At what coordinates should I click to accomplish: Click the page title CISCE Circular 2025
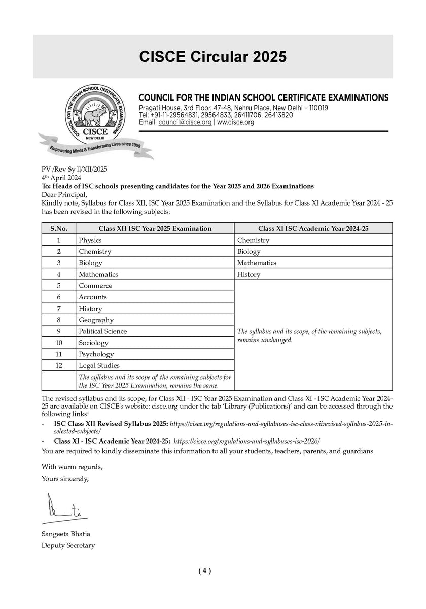click(x=213, y=57)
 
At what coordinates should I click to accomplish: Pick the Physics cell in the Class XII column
click(x=90, y=240)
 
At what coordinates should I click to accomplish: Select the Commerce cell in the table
click(x=95, y=286)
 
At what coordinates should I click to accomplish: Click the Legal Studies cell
click(x=99, y=365)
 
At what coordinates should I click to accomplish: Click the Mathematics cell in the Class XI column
click(x=257, y=263)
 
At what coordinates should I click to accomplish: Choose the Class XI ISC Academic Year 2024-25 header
click(x=313, y=228)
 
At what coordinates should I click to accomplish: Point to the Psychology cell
click(x=96, y=354)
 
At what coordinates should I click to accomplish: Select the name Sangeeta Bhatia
click(x=66, y=534)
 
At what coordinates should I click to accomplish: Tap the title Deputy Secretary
click(x=68, y=545)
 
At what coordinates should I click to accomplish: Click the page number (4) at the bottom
click(x=204, y=571)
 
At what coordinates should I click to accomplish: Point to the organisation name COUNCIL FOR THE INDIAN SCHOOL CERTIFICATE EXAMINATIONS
click(x=264, y=97)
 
